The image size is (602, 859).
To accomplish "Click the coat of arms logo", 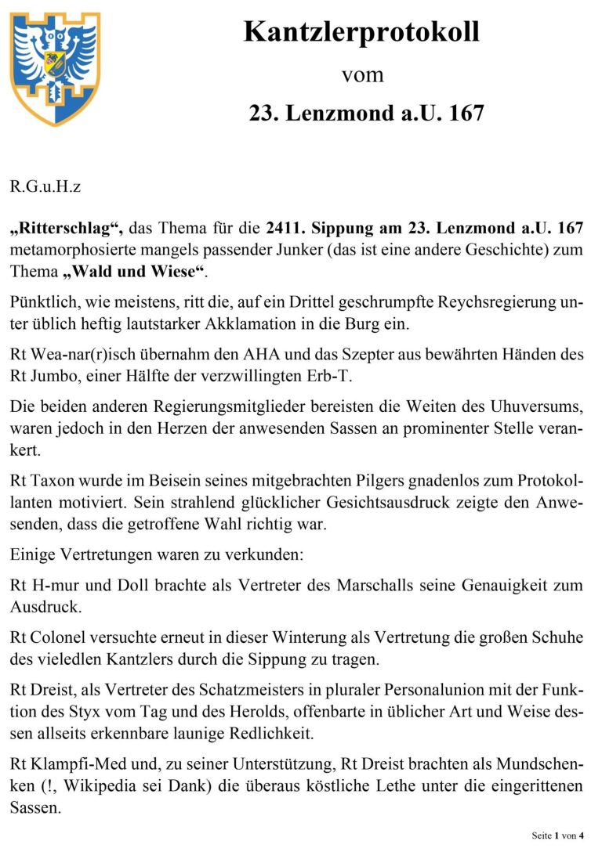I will coord(55,69).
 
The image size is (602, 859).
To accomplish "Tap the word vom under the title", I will coord(362,75).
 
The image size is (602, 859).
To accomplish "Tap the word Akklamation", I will coord(267,323).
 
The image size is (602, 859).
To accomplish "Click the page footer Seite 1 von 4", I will coord(557,836).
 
